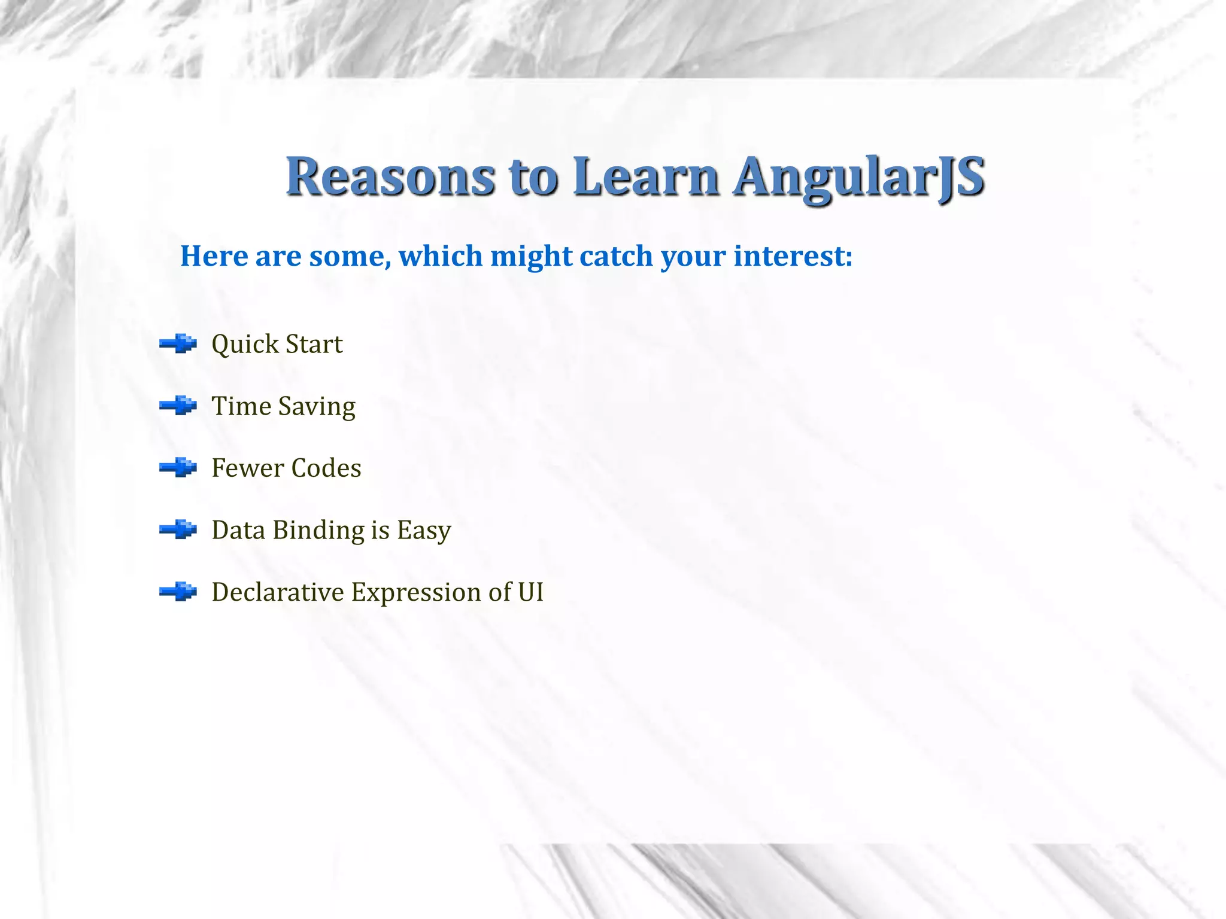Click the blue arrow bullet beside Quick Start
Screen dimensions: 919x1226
click(x=178, y=344)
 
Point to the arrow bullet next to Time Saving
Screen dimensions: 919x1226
click(x=178, y=406)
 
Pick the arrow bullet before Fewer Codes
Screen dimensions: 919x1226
click(x=178, y=468)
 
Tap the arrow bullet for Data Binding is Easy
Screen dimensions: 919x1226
click(x=178, y=530)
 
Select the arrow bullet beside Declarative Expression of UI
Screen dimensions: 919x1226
click(x=178, y=592)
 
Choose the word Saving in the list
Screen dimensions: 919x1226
click(x=317, y=407)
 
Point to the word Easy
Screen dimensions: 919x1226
click(x=424, y=531)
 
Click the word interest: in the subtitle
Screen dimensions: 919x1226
click(x=793, y=256)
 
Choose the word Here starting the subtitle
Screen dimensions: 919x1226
click(x=214, y=256)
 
